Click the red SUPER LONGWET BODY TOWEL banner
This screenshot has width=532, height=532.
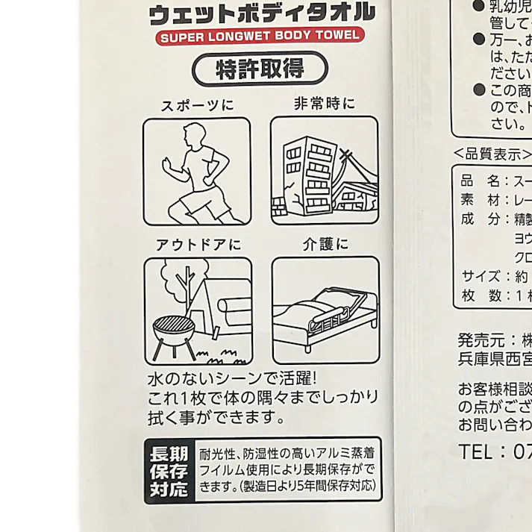(260, 35)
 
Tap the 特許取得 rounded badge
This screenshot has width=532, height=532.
(260, 69)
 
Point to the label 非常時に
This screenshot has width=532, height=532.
(324, 104)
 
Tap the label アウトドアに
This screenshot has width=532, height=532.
(198, 245)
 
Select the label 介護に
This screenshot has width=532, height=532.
(325, 244)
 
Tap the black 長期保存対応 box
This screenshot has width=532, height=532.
(169, 471)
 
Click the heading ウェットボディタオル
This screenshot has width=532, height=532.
(261, 12)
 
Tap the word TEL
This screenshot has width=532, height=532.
(475, 451)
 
